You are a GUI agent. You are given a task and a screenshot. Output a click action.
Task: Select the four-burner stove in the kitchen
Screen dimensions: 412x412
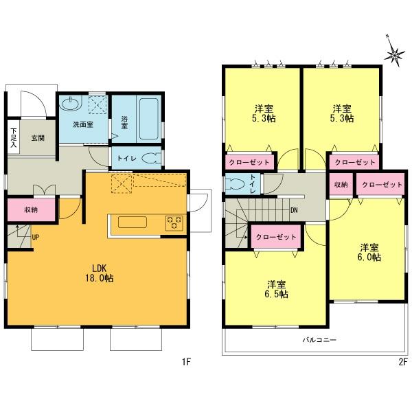pyautogui.click(x=174, y=222)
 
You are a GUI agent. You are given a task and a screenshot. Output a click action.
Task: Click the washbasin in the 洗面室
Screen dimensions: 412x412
pyautogui.click(x=70, y=104)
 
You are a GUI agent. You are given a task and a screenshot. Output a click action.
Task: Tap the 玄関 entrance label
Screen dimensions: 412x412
pyautogui.click(x=38, y=138)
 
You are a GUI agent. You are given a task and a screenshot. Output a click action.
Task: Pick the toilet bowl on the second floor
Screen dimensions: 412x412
pyautogui.click(x=235, y=185)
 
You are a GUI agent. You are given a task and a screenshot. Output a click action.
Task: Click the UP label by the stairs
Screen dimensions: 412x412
pyautogui.click(x=35, y=238)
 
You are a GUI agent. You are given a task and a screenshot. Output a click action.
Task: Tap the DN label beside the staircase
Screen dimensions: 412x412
pyautogui.click(x=294, y=210)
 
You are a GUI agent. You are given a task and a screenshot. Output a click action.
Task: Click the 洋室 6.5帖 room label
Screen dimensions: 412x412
pyautogui.click(x=278, y=289)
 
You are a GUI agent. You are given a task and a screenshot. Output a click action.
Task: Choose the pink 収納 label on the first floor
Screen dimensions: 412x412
pyautogui.click(x=30, y=209)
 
